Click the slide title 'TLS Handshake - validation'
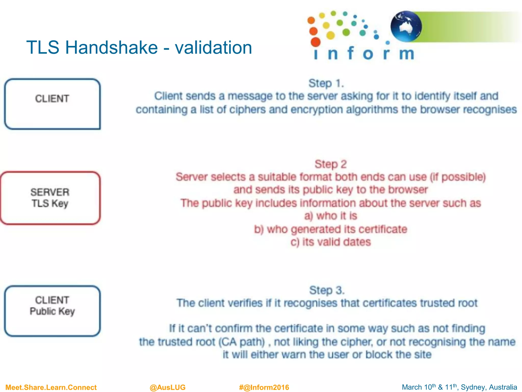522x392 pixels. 139,47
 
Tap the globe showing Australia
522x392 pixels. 406,26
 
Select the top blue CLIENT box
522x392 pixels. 52,104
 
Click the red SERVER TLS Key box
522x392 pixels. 50,198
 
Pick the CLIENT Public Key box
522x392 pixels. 52,311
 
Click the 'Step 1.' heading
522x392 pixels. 326,83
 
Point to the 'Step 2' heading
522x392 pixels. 331,164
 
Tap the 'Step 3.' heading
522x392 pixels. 327,290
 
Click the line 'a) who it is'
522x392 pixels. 331,216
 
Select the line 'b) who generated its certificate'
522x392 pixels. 331,229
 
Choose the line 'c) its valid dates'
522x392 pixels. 331,242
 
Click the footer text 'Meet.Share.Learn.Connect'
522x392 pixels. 51,387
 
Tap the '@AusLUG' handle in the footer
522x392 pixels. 167,387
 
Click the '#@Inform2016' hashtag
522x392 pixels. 264,387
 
